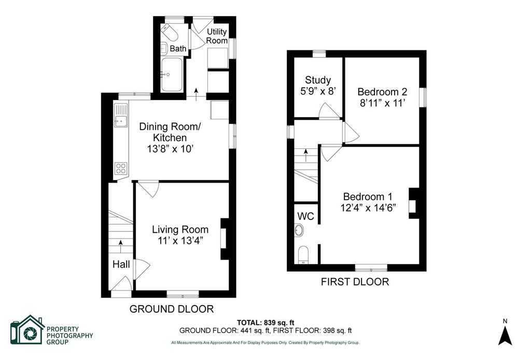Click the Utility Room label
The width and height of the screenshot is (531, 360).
coord(217,36)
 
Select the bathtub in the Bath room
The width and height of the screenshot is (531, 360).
coord(172,75)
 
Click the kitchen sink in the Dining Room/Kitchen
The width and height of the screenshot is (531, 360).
coord(121,116)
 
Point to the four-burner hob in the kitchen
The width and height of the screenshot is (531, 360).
coord(121,168)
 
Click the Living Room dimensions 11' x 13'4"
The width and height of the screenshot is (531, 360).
coord(180,241)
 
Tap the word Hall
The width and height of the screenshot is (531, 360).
coord(121,264)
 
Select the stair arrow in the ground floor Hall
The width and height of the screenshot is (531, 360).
coord(120,246)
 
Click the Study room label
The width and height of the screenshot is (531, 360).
coord(318,80)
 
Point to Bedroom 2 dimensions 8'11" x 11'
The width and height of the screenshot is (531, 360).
coord(382,103)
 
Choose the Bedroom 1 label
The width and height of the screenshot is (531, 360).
coord(368,197)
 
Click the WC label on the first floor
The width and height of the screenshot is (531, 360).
coord(305,216)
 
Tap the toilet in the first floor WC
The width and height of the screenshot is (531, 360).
coord(303,254)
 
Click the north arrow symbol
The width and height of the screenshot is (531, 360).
coord(505,335)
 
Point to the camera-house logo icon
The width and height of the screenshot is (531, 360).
coord(27,330)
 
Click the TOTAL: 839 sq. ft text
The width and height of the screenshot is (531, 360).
coord(263,323)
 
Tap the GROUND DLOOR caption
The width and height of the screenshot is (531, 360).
coord(172,309)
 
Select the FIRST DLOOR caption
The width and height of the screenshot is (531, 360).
coord(355,282)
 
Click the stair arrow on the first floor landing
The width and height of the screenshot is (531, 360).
coord(306,155)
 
